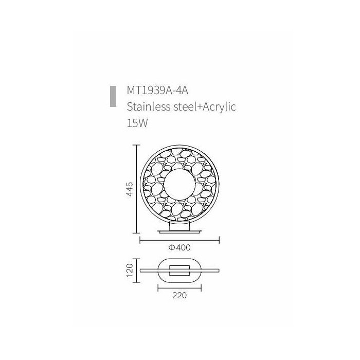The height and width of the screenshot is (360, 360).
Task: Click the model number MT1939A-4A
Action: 157,91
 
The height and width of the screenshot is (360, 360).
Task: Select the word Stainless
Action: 149,107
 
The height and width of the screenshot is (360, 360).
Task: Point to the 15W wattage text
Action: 137,123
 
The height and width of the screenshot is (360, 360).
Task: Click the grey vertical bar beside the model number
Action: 113,97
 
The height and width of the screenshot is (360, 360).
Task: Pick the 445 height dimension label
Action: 130,189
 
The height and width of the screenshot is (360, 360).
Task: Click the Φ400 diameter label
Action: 179,247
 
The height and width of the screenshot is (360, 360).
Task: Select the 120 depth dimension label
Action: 130,271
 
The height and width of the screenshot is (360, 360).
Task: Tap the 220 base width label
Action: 179,295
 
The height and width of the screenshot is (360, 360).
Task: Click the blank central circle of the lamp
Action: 180,185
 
